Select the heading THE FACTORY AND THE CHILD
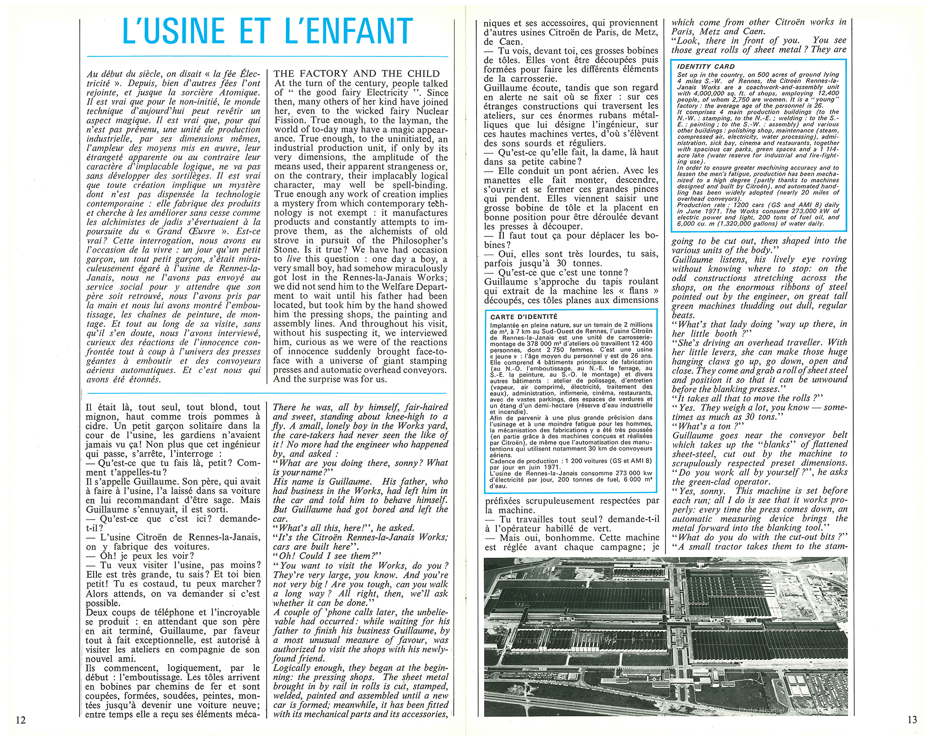[x=356, y=74]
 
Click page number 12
[x=21, y=720]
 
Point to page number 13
[x=912, y=720]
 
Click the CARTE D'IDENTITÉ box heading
[x=524, y=317]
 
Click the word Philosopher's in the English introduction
[x=419, y=241]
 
